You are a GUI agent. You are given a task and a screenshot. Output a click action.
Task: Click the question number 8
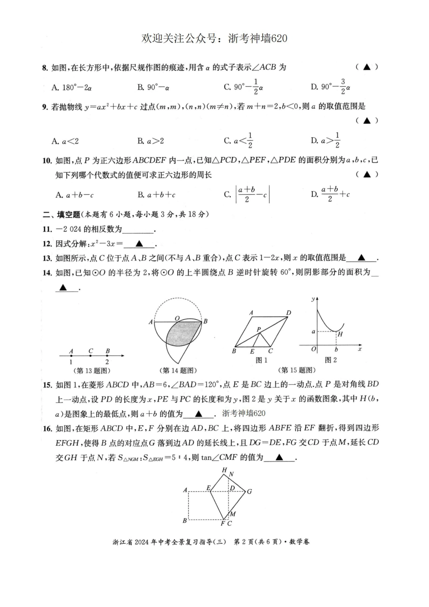click(x=44, y=68)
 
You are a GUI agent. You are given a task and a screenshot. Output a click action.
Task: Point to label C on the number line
click(x=91, y=351)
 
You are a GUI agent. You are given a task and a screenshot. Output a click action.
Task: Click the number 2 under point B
click(x=107, y=362)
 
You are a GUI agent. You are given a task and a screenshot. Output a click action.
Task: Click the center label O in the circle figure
click(x=177, y=318)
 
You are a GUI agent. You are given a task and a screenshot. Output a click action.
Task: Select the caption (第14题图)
click(x=179, y=370)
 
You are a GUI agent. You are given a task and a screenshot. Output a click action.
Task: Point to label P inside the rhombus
click(x=259, y=330)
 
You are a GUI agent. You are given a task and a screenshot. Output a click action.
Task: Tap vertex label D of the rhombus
click(x=289, y=313)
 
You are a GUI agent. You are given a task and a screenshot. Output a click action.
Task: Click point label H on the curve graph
click(x=340, y=334)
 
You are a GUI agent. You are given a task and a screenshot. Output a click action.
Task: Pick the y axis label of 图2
click(x=313, y=299)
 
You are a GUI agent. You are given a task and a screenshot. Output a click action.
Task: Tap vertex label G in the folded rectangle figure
click(x=249, y=491)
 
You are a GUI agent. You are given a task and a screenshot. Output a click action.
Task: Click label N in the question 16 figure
click(x=231, y=474)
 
